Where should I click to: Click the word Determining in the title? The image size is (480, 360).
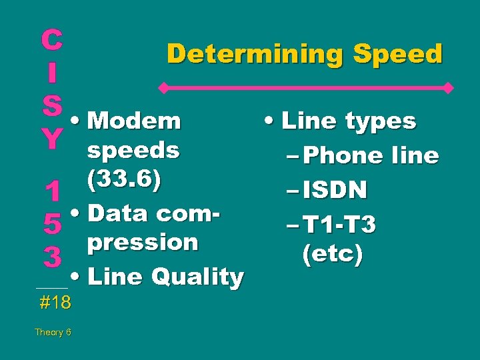click(x=256, y=54)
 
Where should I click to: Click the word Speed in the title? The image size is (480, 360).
click(x=398, y=54)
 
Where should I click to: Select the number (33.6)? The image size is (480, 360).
click(x=125, y=180)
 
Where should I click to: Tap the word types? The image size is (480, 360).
click(x=379, y=121)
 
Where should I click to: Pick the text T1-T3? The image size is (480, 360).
click(x=340, y=225)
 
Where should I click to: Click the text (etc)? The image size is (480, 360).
click(x=332, y=255)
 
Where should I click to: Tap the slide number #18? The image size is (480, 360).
click(x=55, y=303)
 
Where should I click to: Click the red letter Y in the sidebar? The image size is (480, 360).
click(x=51, y=140)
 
